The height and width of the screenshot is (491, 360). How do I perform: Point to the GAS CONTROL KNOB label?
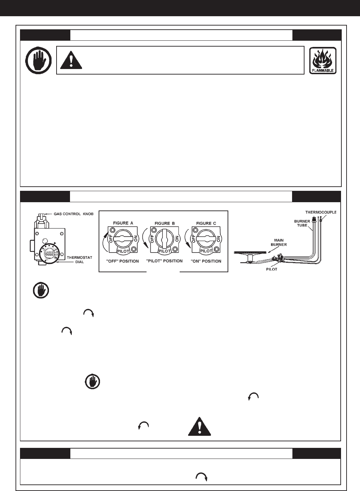69,214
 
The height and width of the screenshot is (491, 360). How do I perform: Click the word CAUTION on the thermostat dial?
48,253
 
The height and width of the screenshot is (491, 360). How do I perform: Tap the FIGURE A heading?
121,223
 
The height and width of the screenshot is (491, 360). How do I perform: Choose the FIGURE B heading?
164,223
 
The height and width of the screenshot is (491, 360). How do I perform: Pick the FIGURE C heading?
206,223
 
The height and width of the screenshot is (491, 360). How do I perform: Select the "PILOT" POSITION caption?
164,261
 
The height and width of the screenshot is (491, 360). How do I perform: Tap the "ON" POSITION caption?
206,261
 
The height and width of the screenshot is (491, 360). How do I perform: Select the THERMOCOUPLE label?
321,212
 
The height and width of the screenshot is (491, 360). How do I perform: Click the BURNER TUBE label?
302,223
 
